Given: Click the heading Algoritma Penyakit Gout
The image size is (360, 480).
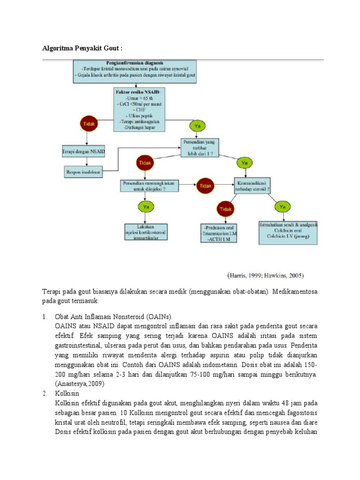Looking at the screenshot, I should (83, 48).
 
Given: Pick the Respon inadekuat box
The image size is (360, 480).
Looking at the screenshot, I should (85, 172).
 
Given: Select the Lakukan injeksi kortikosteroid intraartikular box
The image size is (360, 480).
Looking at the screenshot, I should (148, 232).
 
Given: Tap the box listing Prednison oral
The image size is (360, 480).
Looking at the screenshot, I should (218, 233).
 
